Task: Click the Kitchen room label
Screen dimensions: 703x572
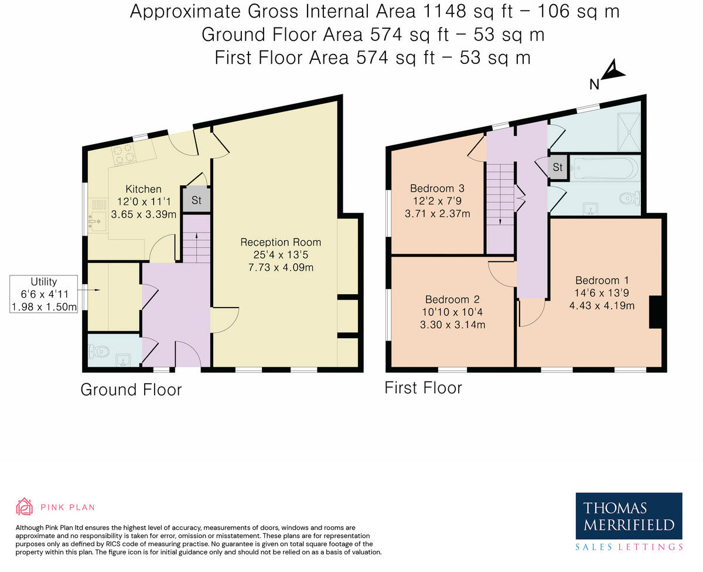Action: [x=144, y=189]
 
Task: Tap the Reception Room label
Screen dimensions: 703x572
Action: [x=281, y=242]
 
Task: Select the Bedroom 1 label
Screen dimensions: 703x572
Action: [x=602, y=280]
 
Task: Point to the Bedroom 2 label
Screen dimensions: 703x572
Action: [x=452, y=299]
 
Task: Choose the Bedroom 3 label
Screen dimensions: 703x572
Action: [x=437, y=189]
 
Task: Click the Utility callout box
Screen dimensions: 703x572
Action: [x=43, y=294]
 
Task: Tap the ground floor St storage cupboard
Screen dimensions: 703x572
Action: [x=196, y=200]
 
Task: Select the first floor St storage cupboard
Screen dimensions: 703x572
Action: [x=558, y=168]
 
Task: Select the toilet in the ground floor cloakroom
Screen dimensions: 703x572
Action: [x=98, y=352]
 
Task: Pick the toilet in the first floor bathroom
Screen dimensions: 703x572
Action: [x=630, y=198]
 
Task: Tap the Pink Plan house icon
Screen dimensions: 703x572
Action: [x=25, y=506]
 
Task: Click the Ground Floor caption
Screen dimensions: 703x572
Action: [x=131, y=390]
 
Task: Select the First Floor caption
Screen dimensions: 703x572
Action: [x=423, y=388]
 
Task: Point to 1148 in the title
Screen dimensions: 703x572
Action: [x=444, y=11]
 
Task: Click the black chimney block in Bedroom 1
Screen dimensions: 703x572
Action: [x=655, y=312]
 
